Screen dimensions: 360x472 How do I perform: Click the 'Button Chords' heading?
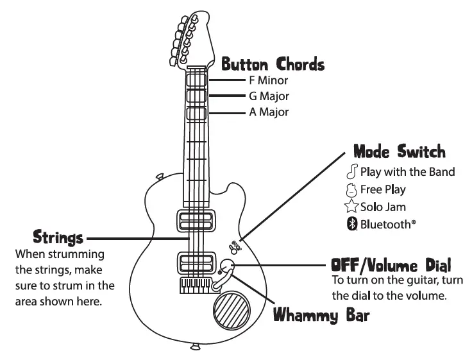tap(273, 65)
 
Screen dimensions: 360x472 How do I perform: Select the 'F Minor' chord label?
tap(269, 81)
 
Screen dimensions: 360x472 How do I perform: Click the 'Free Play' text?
tap(383, 190)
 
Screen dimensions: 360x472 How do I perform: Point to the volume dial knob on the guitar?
tap(227, 268)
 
